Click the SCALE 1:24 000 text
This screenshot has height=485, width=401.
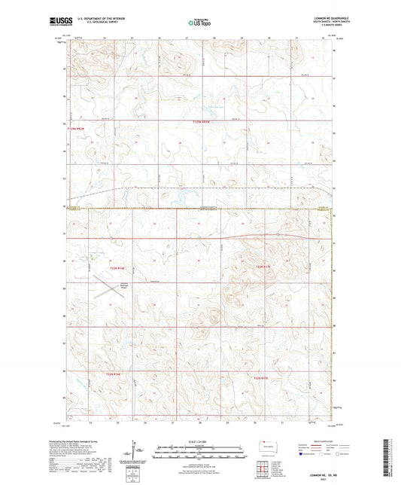click(199, 441)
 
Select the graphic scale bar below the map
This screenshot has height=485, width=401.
click(199, 448)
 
